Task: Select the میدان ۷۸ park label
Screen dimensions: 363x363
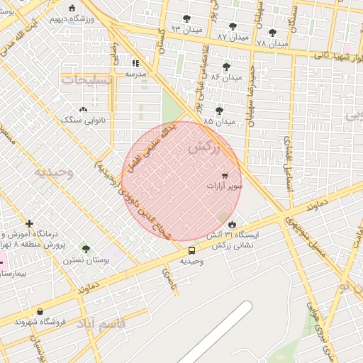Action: pyautogui.click(x=272, y=43)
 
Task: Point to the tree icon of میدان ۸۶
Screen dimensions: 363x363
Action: pyautogui.click(x=226, y=67)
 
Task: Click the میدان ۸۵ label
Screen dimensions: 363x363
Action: pyautogui.click(x=219, y=122)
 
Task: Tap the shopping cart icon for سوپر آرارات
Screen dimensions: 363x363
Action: pyautogui.click(x=225, y=175)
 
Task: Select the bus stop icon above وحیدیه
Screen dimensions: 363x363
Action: pyautogui.click(x=191, y=250)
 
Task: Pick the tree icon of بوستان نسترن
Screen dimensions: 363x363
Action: pyautogui.click(x=86, y=249)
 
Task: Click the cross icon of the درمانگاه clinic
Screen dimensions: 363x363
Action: pyautogui.click(x=29, y=223)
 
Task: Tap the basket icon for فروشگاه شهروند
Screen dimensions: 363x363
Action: pyautogui.click(x=40, y=311)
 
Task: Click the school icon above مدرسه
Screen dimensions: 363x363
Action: pyautogui.click(x=135, y=62)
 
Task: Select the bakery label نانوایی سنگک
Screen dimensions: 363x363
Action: pyautogui.click(x=82, y=121)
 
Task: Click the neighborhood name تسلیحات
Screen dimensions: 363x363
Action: pyautogui.click(x=86, y=81)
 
